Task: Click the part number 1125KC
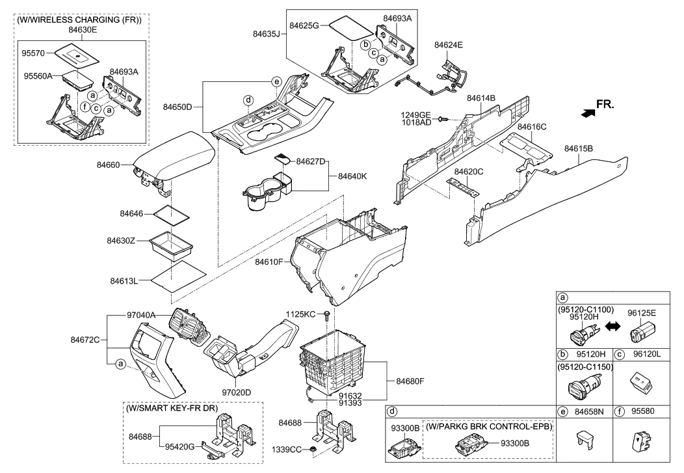pos(301,314)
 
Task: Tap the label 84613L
pos(123,280)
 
